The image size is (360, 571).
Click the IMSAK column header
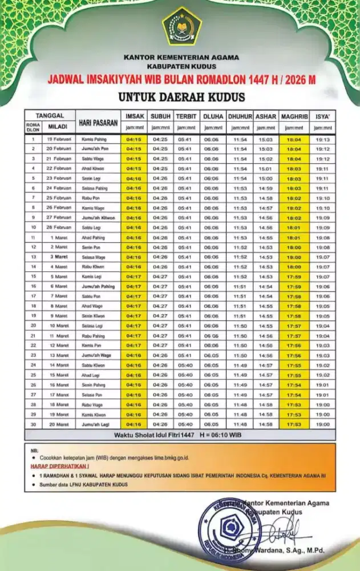click(134, 116)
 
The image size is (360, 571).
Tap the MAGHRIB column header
click(295, 116)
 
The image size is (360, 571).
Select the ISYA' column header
click(323, 116)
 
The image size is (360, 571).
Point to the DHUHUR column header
click(240, 116)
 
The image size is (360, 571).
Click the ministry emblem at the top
click(181, 26)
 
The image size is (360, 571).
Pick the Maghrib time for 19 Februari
click(295, 139)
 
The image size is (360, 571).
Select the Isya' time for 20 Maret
click(323, 424)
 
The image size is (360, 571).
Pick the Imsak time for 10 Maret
click(134, 325)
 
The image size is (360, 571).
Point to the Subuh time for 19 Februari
click(160, 139)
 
